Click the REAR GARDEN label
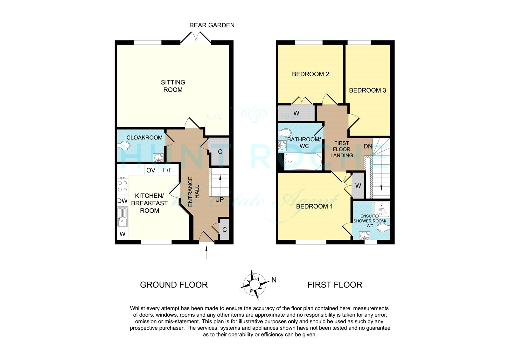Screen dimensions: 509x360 [212, 25]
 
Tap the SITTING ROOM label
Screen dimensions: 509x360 [173, 86]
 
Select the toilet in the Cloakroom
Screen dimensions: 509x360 [124, 146]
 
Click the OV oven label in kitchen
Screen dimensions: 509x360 [151, 170]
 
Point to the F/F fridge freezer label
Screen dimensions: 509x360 [167, 170]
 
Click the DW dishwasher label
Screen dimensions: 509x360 [122, 201]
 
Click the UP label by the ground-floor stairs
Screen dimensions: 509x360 [220, 200]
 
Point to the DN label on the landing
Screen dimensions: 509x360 [368, 146]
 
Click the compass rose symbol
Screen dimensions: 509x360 [254, 284]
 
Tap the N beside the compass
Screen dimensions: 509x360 [274, 280]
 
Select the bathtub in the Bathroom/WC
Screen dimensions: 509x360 [303, 162]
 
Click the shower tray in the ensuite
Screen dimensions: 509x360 [382, 209]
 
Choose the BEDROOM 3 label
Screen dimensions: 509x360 [367, 90]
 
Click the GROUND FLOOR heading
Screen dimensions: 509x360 [174, 285]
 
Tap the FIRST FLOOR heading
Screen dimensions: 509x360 [335, 285]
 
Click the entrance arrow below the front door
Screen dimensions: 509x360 [206, 252]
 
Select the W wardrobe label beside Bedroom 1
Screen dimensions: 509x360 [358, 186]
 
